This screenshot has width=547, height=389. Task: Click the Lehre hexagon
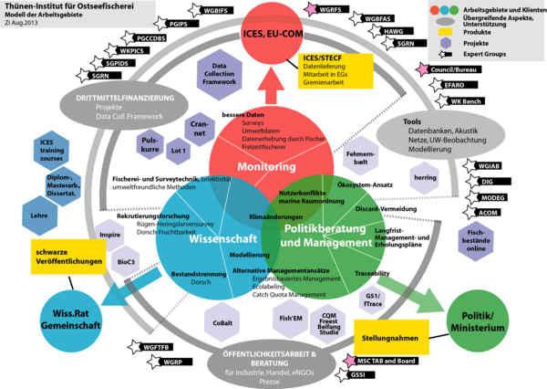click(39, 216)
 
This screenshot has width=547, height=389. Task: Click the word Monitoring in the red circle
click(266, 168)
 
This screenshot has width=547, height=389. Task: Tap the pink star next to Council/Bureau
click(420, 69)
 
